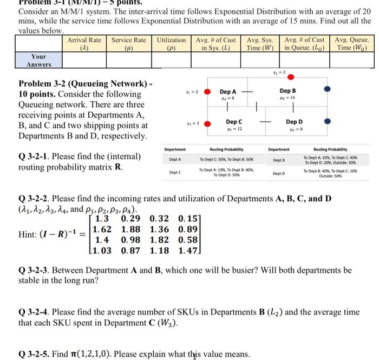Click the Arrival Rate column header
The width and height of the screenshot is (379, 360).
coord(84,44)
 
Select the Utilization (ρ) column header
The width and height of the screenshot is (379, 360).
coord(171,44)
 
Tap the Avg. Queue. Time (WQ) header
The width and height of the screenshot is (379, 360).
coord(352,44)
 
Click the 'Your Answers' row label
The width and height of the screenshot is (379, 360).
coord(38,60)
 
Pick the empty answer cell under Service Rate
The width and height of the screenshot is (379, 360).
coord(128,60)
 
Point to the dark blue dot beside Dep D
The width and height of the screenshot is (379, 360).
coord(326,122)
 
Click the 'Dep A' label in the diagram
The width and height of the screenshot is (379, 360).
coord(227,92)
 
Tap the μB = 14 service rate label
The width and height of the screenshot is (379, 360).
coord(287,98)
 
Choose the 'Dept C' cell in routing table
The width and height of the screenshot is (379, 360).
coord(175,172)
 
